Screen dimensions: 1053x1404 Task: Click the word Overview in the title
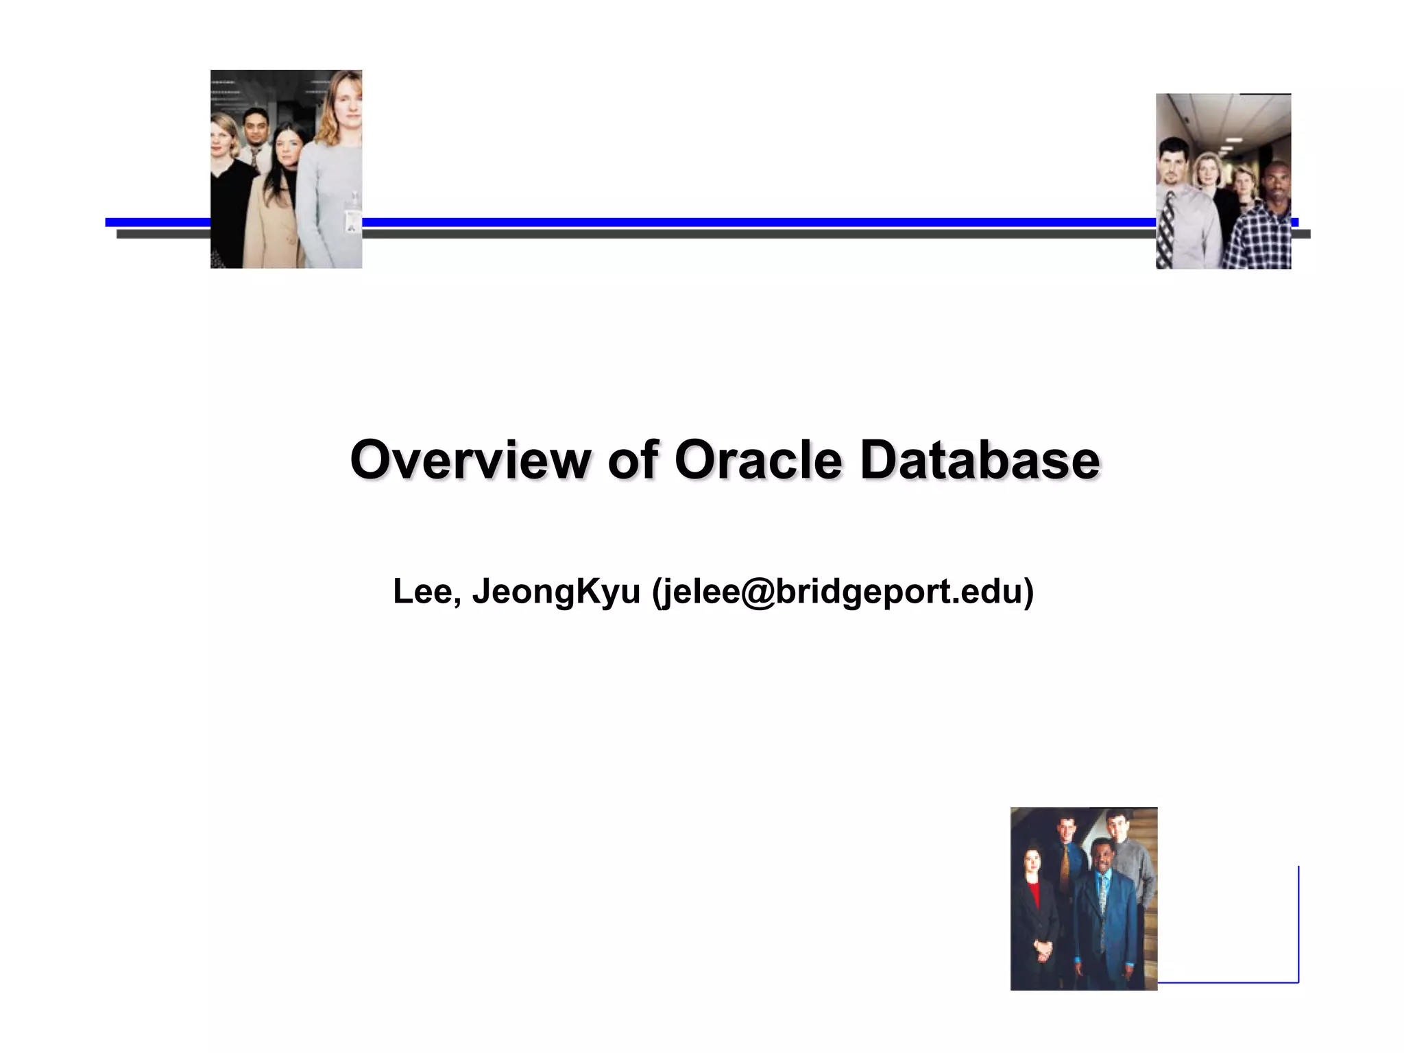click(x=470, y=459)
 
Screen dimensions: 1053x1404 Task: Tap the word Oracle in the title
click(x=758, y=459)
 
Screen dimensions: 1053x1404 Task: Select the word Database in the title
click(x=980, y=459)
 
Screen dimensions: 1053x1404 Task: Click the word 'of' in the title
click(x=632, y=459)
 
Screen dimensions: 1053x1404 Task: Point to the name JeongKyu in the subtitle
click(x=556, y=591)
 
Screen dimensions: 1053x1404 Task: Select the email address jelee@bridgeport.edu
click(x=843, y=591)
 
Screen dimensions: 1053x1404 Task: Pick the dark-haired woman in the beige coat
click(x=274, y=199)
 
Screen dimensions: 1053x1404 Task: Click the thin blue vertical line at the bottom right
click(x=1298, y=925)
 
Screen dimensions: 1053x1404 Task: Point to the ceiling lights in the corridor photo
click(x=1234, y=141)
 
